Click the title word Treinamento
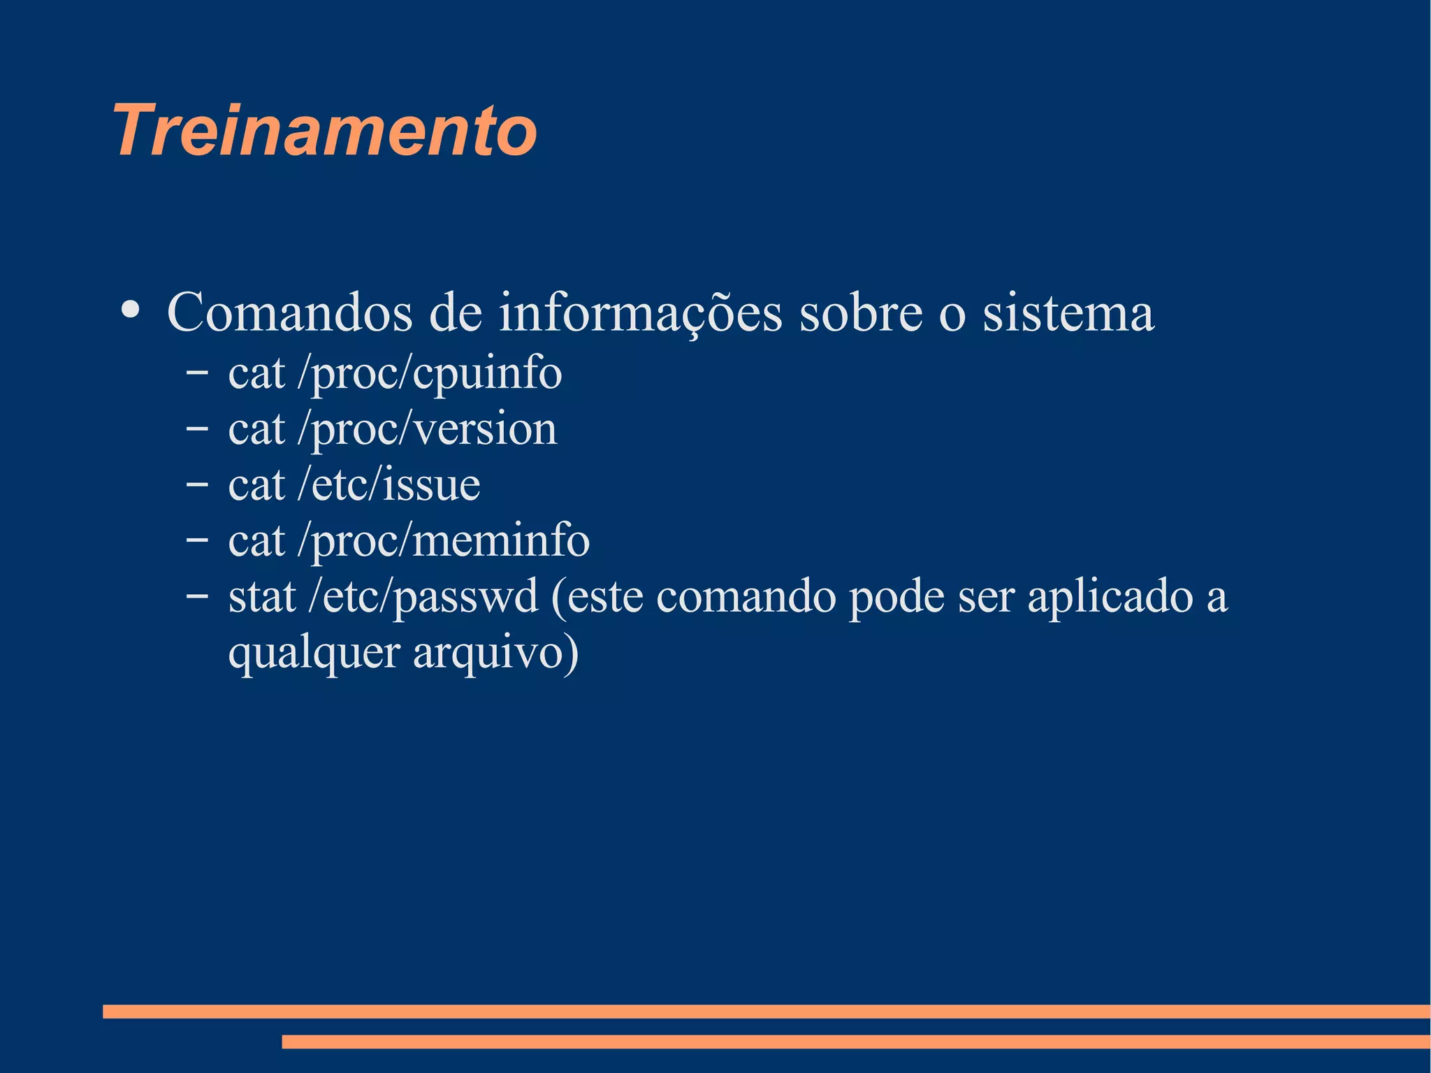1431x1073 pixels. [325, 131]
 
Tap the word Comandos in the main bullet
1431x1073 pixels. [289, 312]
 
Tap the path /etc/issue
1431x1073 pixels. [389, 484]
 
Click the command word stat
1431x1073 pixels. [262, 597]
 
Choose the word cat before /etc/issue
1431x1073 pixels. [256, 485]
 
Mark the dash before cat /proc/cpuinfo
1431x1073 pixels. [197, 372]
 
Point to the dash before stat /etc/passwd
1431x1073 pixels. [197, 596]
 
